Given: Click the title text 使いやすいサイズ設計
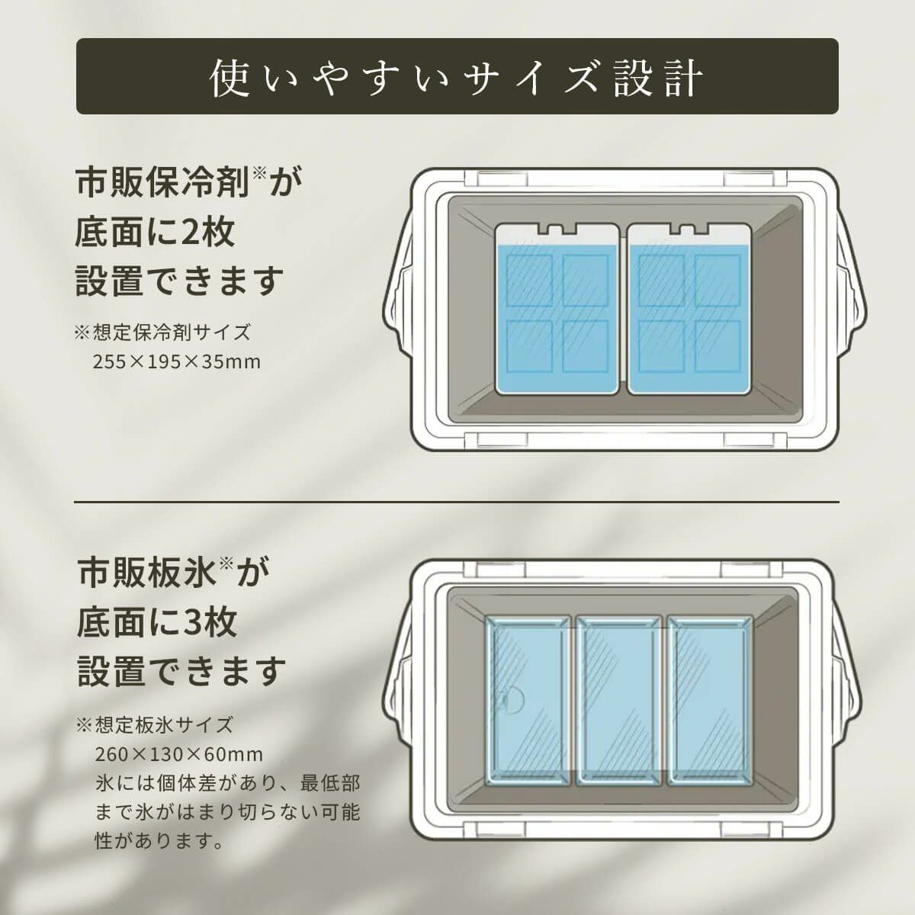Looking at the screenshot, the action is coord(456,78).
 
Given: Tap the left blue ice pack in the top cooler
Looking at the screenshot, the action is coord(557,309).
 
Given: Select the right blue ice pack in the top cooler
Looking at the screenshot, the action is coord(689,309).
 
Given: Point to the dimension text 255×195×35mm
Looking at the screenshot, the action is coord(177,362).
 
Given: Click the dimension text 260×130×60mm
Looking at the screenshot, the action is coord(178,755).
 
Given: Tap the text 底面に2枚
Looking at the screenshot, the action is coord(155,233).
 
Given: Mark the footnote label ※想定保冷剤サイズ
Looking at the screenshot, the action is coord(162,332).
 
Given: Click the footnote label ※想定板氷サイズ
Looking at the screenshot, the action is coord(155,725).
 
